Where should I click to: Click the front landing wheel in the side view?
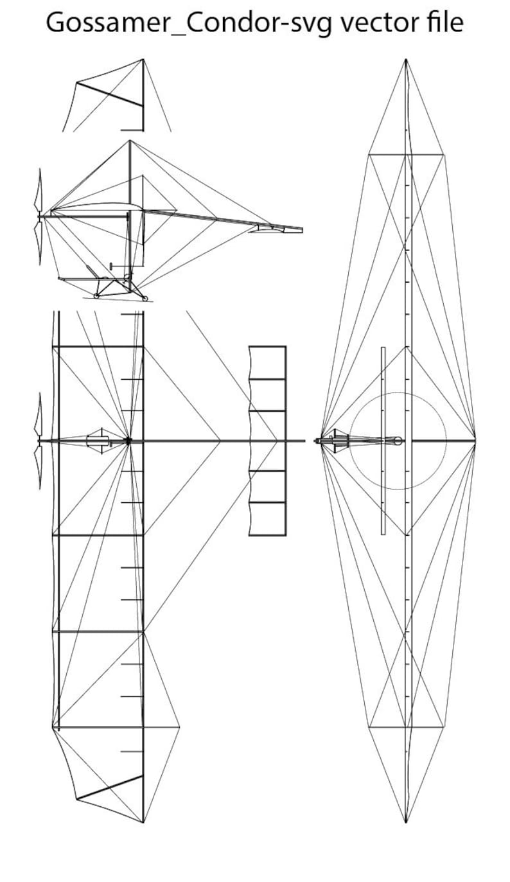pos(96,295)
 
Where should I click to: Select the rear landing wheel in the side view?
pos(145,299)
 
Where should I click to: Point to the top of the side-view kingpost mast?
pos(130,141)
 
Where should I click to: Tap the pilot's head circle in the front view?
pos(398,441)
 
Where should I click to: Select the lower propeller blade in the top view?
pos(39,468)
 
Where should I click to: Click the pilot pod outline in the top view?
pos(97,441)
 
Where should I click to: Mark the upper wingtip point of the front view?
pos(406,60)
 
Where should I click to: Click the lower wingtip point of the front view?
pos(406,822)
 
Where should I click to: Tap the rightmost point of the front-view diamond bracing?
pos(475,440)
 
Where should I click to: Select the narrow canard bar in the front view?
pos(383,441)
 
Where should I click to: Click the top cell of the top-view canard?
pos(267,363)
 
